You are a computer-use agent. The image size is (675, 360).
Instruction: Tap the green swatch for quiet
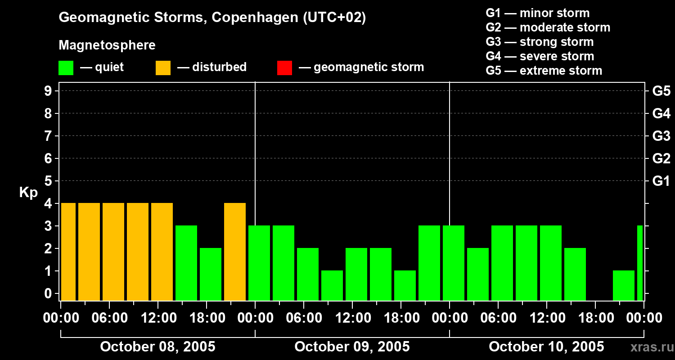click(x=66, y=67)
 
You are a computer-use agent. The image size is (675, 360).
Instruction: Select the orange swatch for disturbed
click(x=163, y=67)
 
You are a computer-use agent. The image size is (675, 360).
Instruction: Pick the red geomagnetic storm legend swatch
click(x=284, y=67)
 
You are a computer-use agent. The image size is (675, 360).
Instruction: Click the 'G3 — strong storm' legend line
click(x=540, y=42)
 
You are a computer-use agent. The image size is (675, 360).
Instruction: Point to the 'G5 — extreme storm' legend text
click(x=544, y=71)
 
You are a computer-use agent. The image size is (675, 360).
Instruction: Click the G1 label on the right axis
click(x=661, y=181)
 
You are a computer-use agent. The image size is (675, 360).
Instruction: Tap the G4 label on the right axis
click(x=661, y=114)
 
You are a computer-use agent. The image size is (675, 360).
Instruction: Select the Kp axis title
click(x=28, y=193)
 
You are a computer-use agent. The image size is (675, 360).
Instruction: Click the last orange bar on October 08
click(x=235, y=252)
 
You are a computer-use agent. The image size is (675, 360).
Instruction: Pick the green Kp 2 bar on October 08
click(x=211, y=274)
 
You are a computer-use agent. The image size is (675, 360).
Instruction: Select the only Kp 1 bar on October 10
click(x=624, y=285)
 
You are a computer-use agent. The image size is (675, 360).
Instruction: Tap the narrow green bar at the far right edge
click(x=640, y=263)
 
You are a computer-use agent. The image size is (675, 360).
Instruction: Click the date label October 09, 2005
click(x=352, y=346)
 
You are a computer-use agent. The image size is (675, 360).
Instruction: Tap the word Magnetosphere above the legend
click(x=107, y=45)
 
